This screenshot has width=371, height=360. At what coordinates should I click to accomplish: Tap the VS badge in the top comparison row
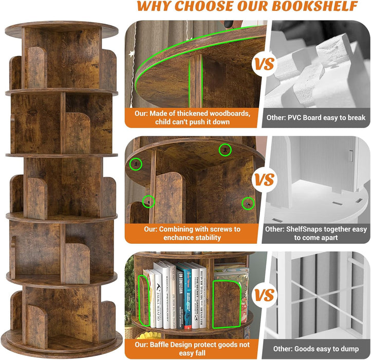click(x=265, y=65)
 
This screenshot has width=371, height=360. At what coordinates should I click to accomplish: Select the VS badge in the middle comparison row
click(x=265, y=180)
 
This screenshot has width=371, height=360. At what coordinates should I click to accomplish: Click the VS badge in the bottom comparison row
click(x=265, y=295)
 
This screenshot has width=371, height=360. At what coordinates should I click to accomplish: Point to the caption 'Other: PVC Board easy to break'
click(x=316, y=118)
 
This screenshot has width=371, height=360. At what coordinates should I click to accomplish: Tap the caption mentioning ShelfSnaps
click(x=316, y=233)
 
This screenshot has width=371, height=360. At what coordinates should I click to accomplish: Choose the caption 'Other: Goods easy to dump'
click(x=316, y=348)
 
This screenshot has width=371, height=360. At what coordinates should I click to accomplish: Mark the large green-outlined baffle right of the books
click(x=226, y=303)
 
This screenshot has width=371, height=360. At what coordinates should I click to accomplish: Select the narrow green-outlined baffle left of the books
click(x=144, y=301)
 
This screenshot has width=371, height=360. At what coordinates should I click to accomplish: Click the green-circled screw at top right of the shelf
click(x=225, y=150)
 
